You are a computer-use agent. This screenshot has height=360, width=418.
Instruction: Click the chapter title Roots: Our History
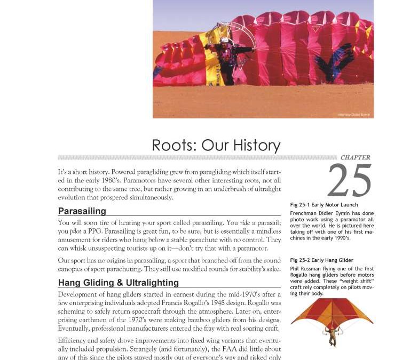[x=216, y=145]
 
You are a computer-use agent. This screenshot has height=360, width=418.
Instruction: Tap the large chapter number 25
[x=349, y=181]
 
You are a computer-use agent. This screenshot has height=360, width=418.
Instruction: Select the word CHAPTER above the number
[x=355, y=157]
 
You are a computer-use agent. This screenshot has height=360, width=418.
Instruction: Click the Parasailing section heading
[x=82, y=211]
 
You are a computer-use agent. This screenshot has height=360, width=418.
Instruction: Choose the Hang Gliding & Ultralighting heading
[x=118, y=283]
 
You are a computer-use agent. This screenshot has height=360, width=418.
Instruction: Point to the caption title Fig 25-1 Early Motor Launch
[x=324, y=205]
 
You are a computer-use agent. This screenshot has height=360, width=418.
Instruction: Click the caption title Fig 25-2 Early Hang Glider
[x=322, y=260]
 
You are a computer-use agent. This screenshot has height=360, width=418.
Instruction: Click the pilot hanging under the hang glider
[x=333, y=336]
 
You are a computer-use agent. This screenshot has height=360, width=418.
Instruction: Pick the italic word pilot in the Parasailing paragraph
[x=76, y=231]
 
